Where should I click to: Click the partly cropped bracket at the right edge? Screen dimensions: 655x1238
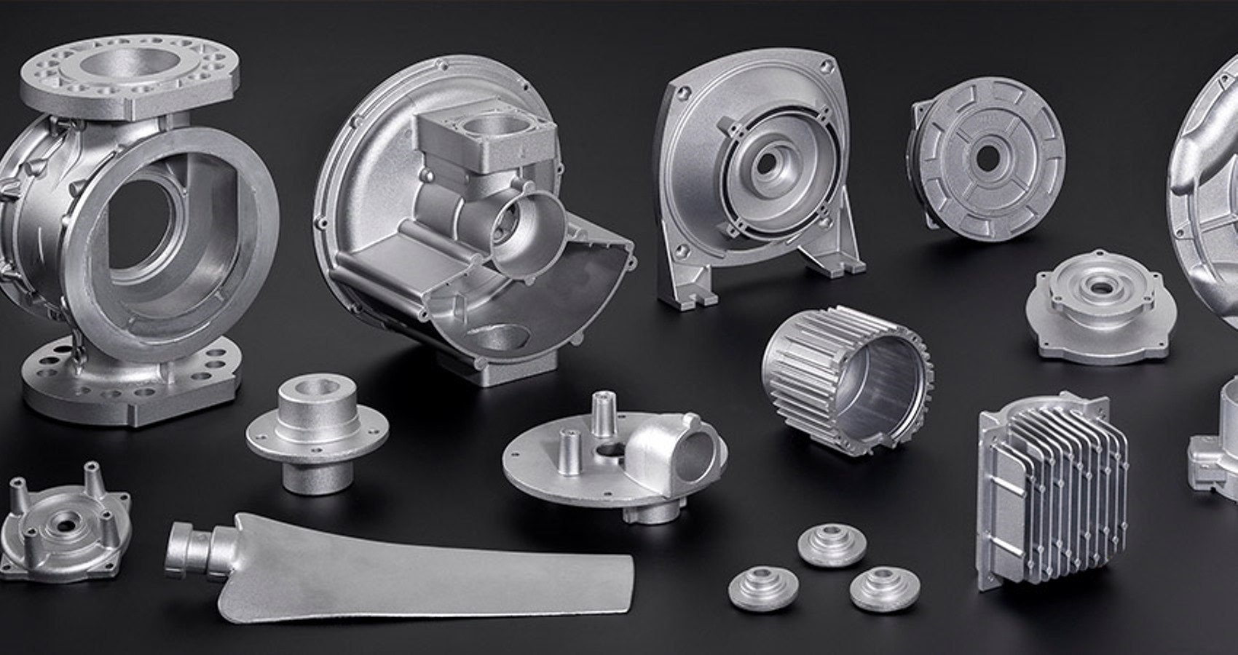[1216, 451]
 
